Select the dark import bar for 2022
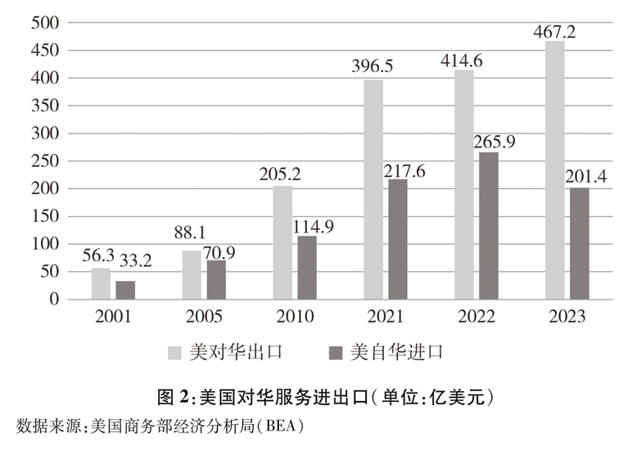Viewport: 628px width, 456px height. point(488,226)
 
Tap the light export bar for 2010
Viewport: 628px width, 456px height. point(282,242)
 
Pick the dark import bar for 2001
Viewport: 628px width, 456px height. point(125,290)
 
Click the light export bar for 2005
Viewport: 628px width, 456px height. point(191,275)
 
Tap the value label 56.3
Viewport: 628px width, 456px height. point(101,258)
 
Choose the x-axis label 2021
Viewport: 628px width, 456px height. point(385,317)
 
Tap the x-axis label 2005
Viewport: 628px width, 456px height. point(203,317)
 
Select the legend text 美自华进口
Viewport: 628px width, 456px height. point(397,353)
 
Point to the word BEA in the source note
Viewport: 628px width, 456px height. point(282,426)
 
